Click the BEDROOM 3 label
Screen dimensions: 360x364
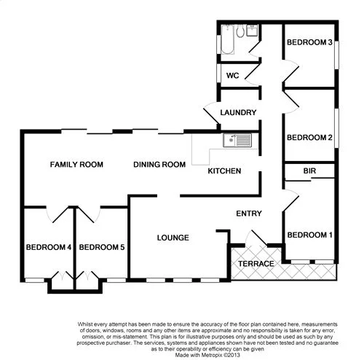309,43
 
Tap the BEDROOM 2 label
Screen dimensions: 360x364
309,137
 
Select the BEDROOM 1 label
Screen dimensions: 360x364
309,235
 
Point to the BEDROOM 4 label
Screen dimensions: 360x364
48,248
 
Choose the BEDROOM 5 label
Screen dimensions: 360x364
102,248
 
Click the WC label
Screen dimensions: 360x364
233,75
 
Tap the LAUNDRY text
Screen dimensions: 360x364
239,113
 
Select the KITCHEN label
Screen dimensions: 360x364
224,171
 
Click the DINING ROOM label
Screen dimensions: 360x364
159,165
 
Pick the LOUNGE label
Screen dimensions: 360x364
173,238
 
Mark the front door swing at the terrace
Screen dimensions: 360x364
255,238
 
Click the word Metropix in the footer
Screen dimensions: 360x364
205,352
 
